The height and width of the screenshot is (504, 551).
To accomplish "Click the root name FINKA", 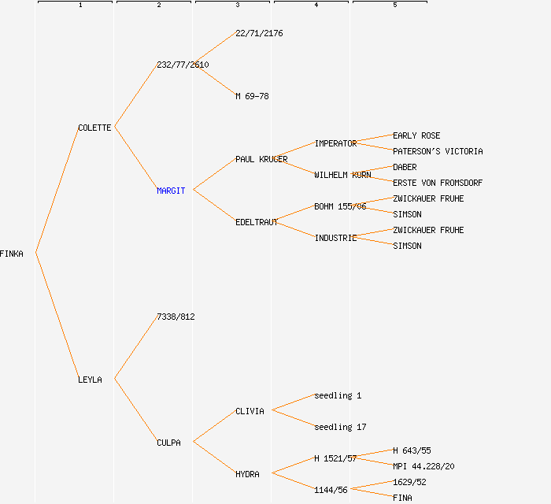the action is point(12,254).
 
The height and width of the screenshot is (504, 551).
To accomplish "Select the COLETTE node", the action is point(94,128).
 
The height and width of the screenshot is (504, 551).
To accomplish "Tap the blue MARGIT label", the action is point(171,191).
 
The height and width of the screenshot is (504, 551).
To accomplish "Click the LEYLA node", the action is point(90,380).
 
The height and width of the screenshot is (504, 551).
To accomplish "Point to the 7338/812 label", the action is point(176,317).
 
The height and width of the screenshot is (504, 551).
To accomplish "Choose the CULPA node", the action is point(168,443).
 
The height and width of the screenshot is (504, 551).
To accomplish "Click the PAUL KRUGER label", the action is point(261,159).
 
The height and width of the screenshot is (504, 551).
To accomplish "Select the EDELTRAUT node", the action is point(257,222).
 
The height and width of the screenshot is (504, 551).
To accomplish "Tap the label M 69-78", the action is point(252,96).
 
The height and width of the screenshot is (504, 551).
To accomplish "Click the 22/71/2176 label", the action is point(259,33).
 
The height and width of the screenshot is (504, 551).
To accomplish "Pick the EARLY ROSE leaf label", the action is point(416,135).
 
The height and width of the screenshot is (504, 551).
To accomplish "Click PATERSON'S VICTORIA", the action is point(438,151).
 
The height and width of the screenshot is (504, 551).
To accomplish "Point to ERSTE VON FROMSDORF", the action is point(438,183).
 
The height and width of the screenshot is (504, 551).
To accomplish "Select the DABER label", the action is point(405,167).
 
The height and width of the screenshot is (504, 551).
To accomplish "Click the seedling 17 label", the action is point(340,427).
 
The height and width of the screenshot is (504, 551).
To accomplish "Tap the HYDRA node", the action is point(247,474).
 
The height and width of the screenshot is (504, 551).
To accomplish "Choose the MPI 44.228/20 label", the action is point(423,466).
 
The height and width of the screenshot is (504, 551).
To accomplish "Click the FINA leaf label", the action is point(402,498).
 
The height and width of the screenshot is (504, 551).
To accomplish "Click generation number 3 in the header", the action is point(238,5).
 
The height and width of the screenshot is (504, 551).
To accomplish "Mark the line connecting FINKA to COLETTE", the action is point(57,190).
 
